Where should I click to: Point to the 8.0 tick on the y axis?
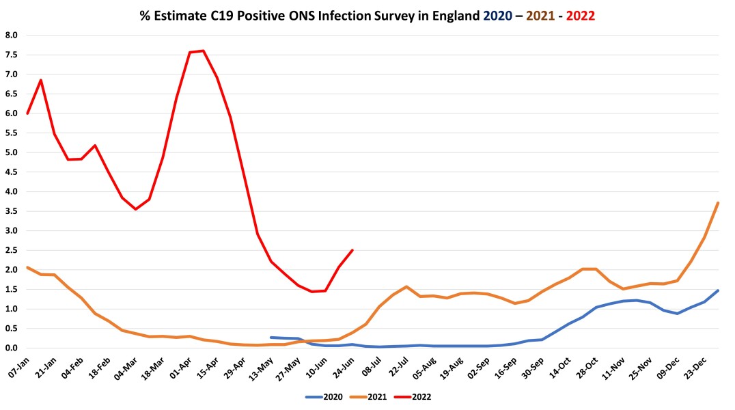coord(12,35)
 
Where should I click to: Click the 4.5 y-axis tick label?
coord(12,172)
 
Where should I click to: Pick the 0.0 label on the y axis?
coord(12,348)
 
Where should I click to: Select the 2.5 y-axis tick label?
coord(12,250)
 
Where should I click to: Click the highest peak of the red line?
coord(203,51)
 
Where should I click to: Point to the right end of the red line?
coord(352,250)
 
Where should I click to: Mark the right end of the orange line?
coord(718,203)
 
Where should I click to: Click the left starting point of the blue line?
coord(271,338)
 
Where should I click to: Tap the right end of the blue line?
coord(718,290)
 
